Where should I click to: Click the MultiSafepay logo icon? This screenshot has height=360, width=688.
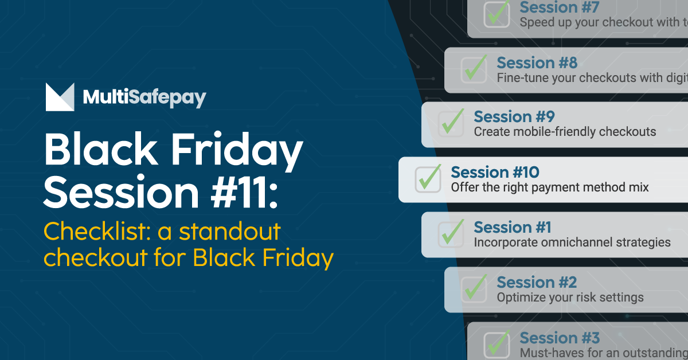click(x=60, y=97)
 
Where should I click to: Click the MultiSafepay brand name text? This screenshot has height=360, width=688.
click(x=144, y=97)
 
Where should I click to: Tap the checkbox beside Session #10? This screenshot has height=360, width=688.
click(x=428, y=179)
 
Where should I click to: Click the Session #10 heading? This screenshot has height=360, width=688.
click(x=495, y=172)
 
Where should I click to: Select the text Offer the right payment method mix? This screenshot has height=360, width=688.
click(x=549, y=187)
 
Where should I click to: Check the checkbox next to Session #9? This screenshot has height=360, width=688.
click(x=451, y=124)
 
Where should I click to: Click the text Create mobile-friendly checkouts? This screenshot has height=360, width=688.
click(x=565, y=132)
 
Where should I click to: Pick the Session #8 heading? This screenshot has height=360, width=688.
click(x=537, y=62)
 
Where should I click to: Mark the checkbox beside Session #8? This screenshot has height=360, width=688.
click(x=474, y=69)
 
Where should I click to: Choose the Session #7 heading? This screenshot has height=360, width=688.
click(x=559, y=7)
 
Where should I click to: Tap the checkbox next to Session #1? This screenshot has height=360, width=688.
click(x=451, y=234)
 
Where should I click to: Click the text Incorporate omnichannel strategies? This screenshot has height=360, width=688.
click(x=572, y=242)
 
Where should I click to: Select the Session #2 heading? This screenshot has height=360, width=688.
click(x=537, y=282)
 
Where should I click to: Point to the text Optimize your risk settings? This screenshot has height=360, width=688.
click(x=570, y=298)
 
